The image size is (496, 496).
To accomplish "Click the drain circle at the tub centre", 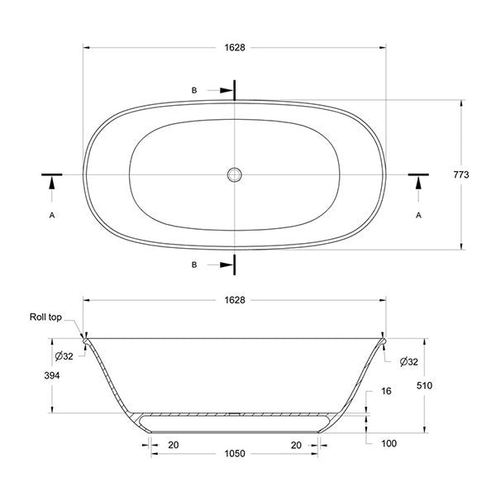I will (235, 174).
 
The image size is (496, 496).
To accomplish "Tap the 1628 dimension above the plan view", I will (235, 47).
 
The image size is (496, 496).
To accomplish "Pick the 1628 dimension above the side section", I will (235, 300).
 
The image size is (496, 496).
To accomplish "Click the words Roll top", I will (45, 317).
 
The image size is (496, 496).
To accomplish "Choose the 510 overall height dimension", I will (425, 385).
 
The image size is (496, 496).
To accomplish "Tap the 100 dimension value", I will (389, 444).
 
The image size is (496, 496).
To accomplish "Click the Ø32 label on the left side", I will (64, 355).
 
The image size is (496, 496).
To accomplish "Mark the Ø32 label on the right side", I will (407, 362).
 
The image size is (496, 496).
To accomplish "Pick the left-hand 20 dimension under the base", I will (174, 444).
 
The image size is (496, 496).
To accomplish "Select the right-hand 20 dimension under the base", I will (297, 444).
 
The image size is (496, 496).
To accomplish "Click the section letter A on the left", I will (52, 215).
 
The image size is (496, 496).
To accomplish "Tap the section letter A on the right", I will (418, 215).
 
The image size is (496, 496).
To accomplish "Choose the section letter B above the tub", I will (194, 90).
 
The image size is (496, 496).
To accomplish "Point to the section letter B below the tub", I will (194, 265).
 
